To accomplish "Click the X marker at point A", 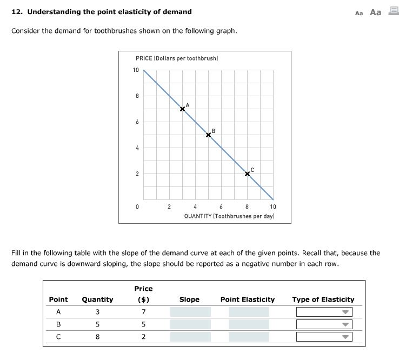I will (x=182, y=109).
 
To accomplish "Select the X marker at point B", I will (x=208, y=135).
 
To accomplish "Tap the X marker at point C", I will (x=247, y=174).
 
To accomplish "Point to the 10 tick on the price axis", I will (x=136, y=70).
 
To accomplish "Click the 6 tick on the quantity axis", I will (x=221, y=206).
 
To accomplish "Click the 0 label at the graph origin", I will (x=137, y=206).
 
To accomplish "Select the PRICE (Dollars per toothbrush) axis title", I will (x=177, y=58).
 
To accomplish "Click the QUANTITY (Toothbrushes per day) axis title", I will (x=229, y=216).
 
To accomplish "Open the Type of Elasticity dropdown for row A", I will (x=324, y=312).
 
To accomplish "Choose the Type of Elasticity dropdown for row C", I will (x=324, y=337).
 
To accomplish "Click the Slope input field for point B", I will (x=190, y=324).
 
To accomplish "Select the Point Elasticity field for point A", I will (x=248, y=312).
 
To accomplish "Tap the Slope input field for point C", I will (x=190, y=337).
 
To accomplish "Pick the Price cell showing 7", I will (x=143, y=312).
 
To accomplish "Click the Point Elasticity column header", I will (x=248, y=299).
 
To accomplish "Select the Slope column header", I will (x=189, y=299).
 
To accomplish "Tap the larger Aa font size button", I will (x=376, y=12).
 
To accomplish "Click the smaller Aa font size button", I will (x=359, y=13).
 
